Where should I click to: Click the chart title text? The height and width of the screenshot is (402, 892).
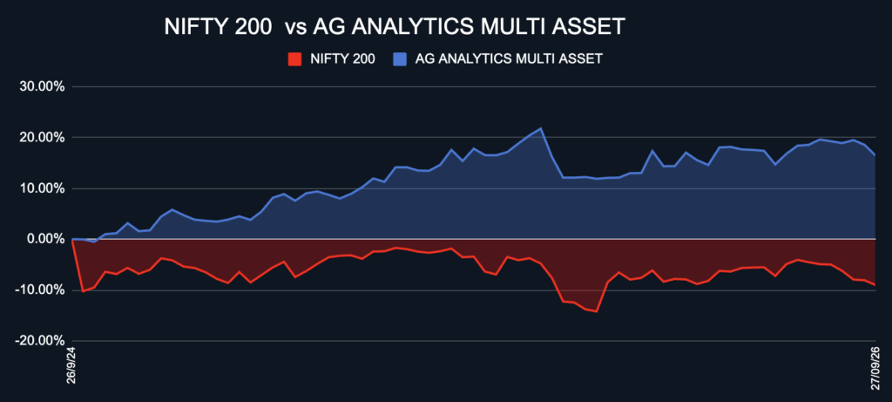pos(395,27)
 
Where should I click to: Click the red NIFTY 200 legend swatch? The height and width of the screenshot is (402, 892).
pos(294,59)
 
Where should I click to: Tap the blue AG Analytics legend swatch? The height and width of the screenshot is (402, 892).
pos(400,59)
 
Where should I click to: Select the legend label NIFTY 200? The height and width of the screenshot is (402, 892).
pos(342,59)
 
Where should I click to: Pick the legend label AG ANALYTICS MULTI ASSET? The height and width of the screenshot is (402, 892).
pos(509,59)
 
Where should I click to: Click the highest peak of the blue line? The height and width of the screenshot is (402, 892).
pos(540,128)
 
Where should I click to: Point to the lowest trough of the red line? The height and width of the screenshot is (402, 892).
pos(596,311)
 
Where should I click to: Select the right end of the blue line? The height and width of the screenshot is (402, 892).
pos(875,155)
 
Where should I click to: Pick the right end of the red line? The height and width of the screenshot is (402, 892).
pos(875,284)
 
